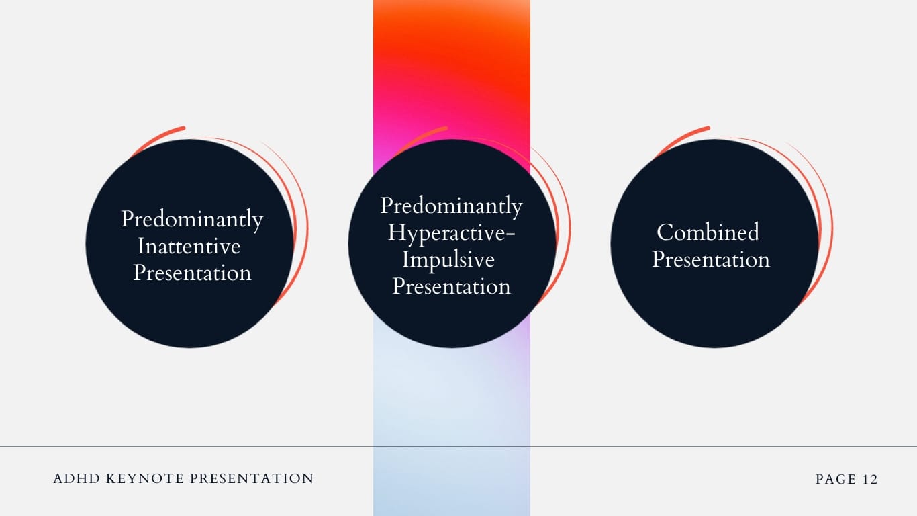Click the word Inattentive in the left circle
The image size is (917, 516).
[x=189, y=246]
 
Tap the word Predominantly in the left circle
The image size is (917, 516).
[x=192, y=220]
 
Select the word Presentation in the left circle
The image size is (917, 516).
[x=192, y=273]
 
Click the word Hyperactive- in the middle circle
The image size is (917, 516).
[x=451, y=232]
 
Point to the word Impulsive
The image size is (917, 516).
[x=448, y=259]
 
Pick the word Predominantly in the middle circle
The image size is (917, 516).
[x=451, y=206]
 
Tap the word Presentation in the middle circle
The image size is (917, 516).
[x=451, y=286]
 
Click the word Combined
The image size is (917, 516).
[x=708, y=232]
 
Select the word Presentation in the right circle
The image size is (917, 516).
[x=711, y=259]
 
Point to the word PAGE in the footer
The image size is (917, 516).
[x=836, y=480]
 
